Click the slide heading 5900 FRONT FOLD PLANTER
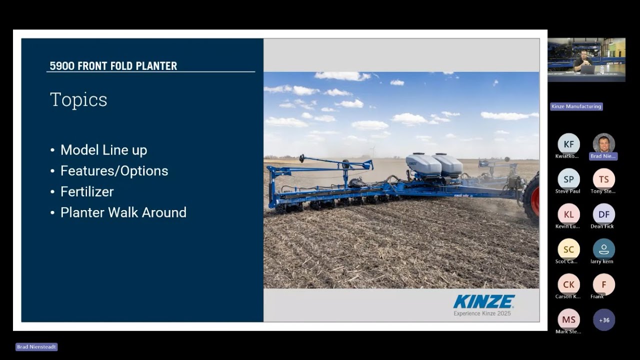pyautogui.click(x=113, y=66)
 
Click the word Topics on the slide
pyautogui.click(x=78, y=99)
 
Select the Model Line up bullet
pyautogui.click(x=103, y=150)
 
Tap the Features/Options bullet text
pyautogui.click(x=114, y=171)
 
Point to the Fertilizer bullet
pyautogui.click(x=87, y=192)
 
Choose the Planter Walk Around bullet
pyautogui.click(x=123, y=212)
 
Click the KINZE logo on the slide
pyautogui.click(x=483, y=301)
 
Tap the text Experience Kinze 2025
pyautogui.click(x=482, y=313)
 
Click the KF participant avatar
pyautogui.click(x=568, y=144)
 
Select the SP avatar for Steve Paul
pyautogui.click(x=568, y=179)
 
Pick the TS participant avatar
pyautogui.click(x=603, y=179)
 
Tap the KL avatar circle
pyautogui.click(x=568, y=214)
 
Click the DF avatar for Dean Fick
pyautogui.click(x=603, y=214)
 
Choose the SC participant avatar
pyautogui.click(x=568, y=249)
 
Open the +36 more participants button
pyautogui.click(x=603, y=320)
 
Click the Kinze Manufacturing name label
pyautogui.click(x=576, y=106)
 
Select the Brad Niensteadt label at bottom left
pyautogui.click(x=36, y=347)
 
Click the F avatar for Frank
pyautogui.click(x=603, y=284)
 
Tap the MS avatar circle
pyautogui.click(x=568, y=319)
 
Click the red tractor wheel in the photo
pyautogui.click(x=533, y=197)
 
